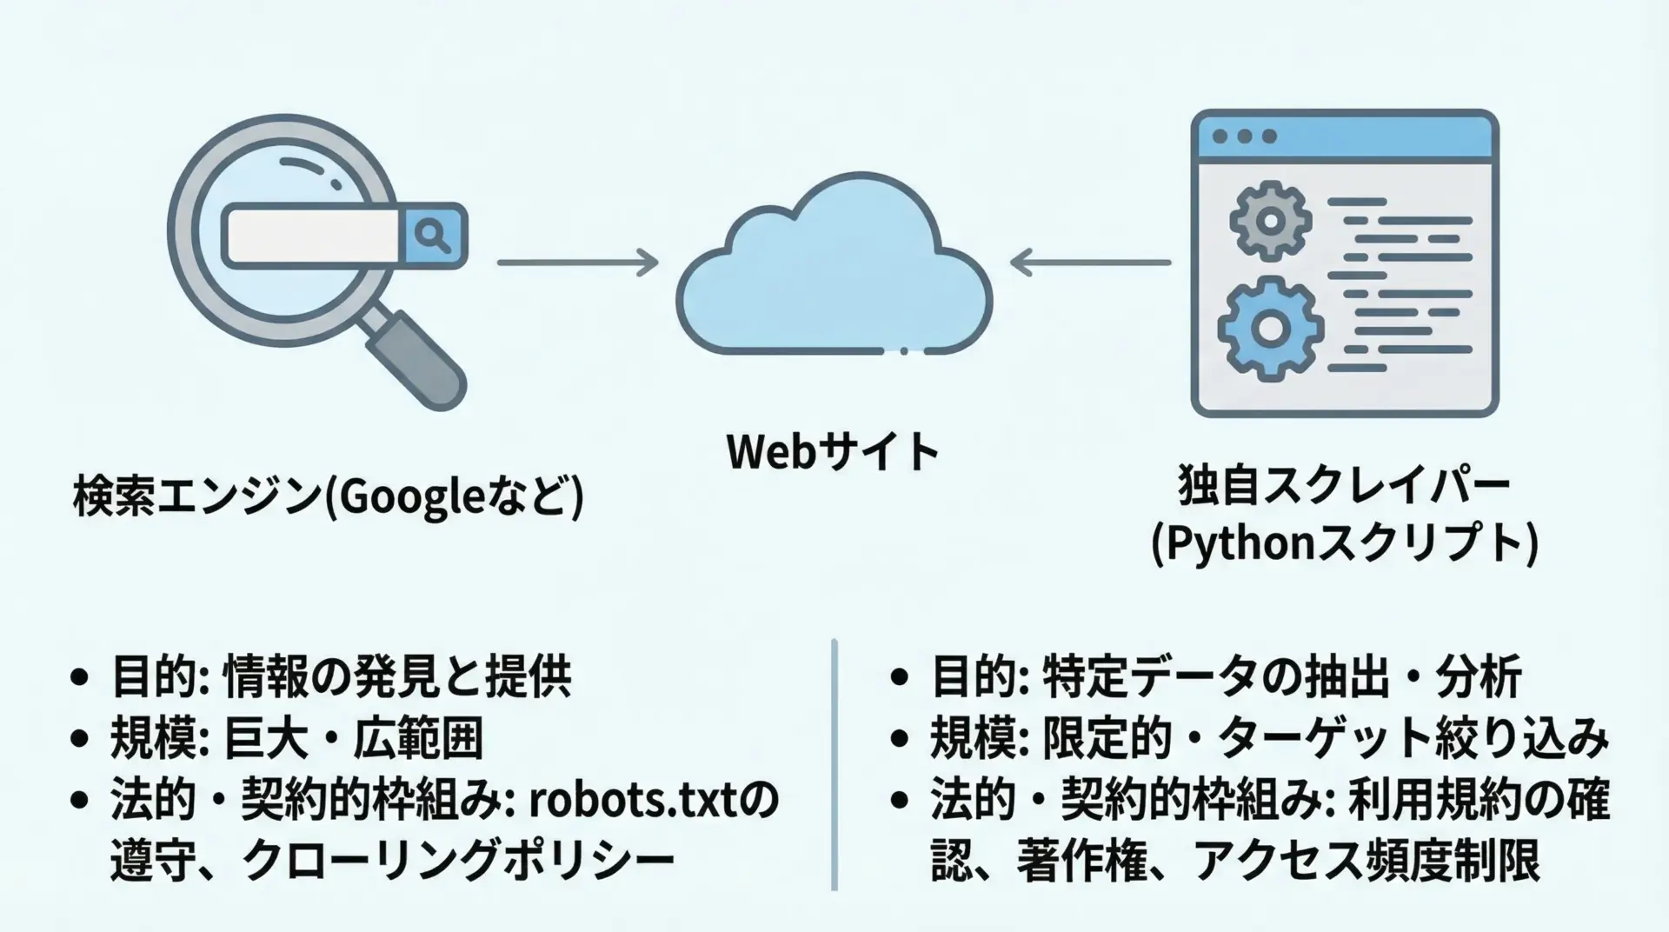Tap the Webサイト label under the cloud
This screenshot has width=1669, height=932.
pyautogui.click(x=833, y=451)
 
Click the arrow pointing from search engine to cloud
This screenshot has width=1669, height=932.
pyautogui.click(x=577, y=262)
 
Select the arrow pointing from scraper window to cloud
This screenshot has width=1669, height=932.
pyautogui.click(x=1090, y=262)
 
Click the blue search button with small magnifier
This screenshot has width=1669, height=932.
pyautogui.click(x=432, y=235)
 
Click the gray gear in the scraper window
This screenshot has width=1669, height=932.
pyautogui.click(x=1270, y=220)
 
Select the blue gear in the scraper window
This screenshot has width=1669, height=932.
pyautogui.click(x=1270, y=328)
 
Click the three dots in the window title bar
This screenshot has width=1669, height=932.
pyautogui.click(x=1245, y=136)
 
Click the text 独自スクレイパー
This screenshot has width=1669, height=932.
pyautogui.click(x=1344, y=487)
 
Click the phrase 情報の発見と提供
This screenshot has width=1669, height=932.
pyautogui.click(x=397, y=677)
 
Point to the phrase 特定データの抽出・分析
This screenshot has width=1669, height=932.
pyautogui.click(x=1281, y=677)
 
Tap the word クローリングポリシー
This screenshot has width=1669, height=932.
pyautogui.click(x=458, y=861)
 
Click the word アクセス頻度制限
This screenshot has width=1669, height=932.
pyautogui.click(x=1366, y=861)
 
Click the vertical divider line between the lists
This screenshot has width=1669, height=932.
pyautogui.click(x=834, y=765)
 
